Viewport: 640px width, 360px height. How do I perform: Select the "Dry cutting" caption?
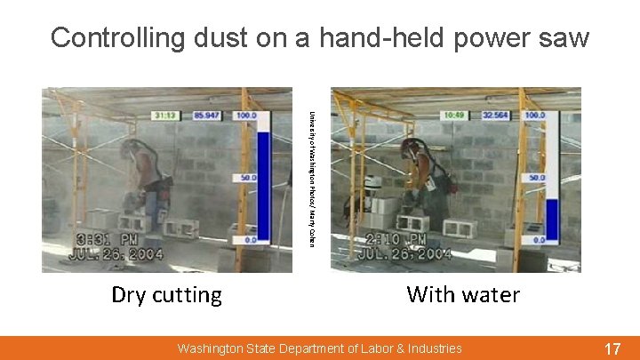[x=166, y=294]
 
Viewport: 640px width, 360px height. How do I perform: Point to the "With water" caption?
[x=463, y=294]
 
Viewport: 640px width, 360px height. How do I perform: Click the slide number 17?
[x=612, y=348]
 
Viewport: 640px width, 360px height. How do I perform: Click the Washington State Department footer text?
[x=319, y=348]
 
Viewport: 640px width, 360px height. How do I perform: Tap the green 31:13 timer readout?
[x=165, y=115]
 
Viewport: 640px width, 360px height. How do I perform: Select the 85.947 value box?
[x=207, y=115]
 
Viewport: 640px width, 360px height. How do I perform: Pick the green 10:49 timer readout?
[x=454, y=115]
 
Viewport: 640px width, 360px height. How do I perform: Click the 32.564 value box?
[x=496, y=115]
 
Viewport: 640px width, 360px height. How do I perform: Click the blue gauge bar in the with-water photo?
[x=551, y=219]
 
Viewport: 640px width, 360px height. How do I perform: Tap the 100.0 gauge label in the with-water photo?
[x=535, y=116]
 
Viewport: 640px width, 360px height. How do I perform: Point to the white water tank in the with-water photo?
[x=373, y=181]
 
